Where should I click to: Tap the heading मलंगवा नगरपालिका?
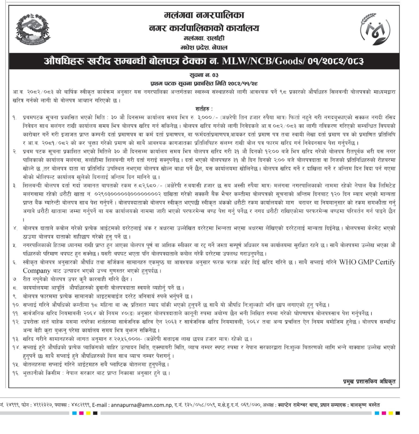[x=204, y=15]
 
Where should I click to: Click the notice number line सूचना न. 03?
[x=204, y=75]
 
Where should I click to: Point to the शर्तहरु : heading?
[x=204, y=109]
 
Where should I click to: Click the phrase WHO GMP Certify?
[x=367, y=262]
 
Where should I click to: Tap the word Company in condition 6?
[x=37, y=271]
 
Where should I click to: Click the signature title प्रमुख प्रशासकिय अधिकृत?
[x=369, y=381]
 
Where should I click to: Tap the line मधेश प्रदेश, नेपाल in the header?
[x=204, y=47]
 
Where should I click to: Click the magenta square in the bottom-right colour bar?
[x=383, y=413]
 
